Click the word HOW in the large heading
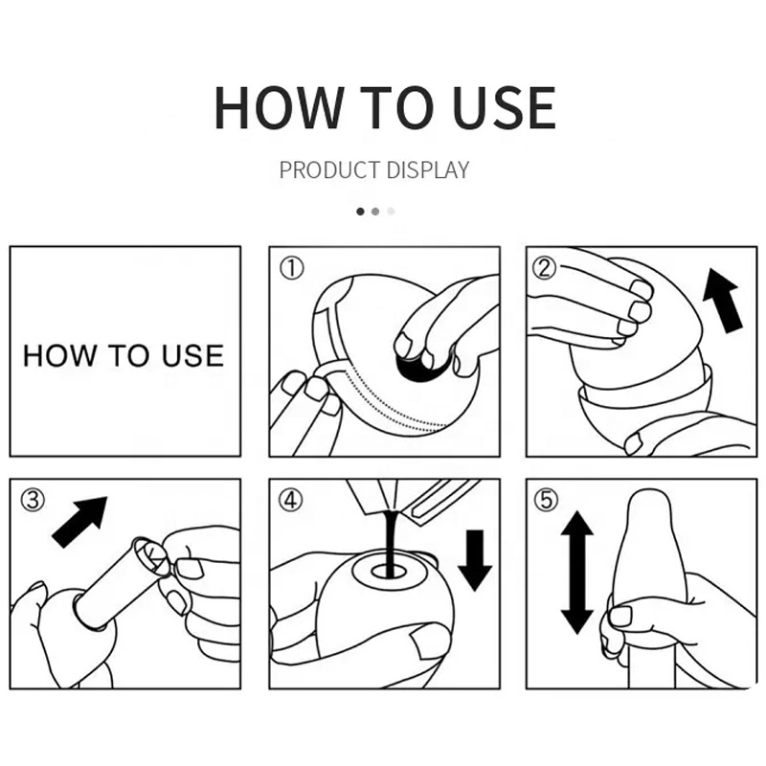coord(278,107)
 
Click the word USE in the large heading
coord(505,107)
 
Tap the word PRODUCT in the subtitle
coord(329,170)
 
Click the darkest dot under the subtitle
coord(361,212)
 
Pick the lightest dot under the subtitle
coord(391,212)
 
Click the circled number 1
coord(292,268)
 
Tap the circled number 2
coord(544,268)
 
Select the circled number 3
coord(33,500)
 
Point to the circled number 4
coord(291,500)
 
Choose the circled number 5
coord(546,500)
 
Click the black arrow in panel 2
coord(722,302)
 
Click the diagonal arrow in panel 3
coord(79,522)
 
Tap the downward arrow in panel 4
coord(475,560)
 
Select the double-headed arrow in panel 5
coord(577,573)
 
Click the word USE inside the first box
coord(193,355)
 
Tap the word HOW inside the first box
coord(59,355)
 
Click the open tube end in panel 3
coord(151,556)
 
